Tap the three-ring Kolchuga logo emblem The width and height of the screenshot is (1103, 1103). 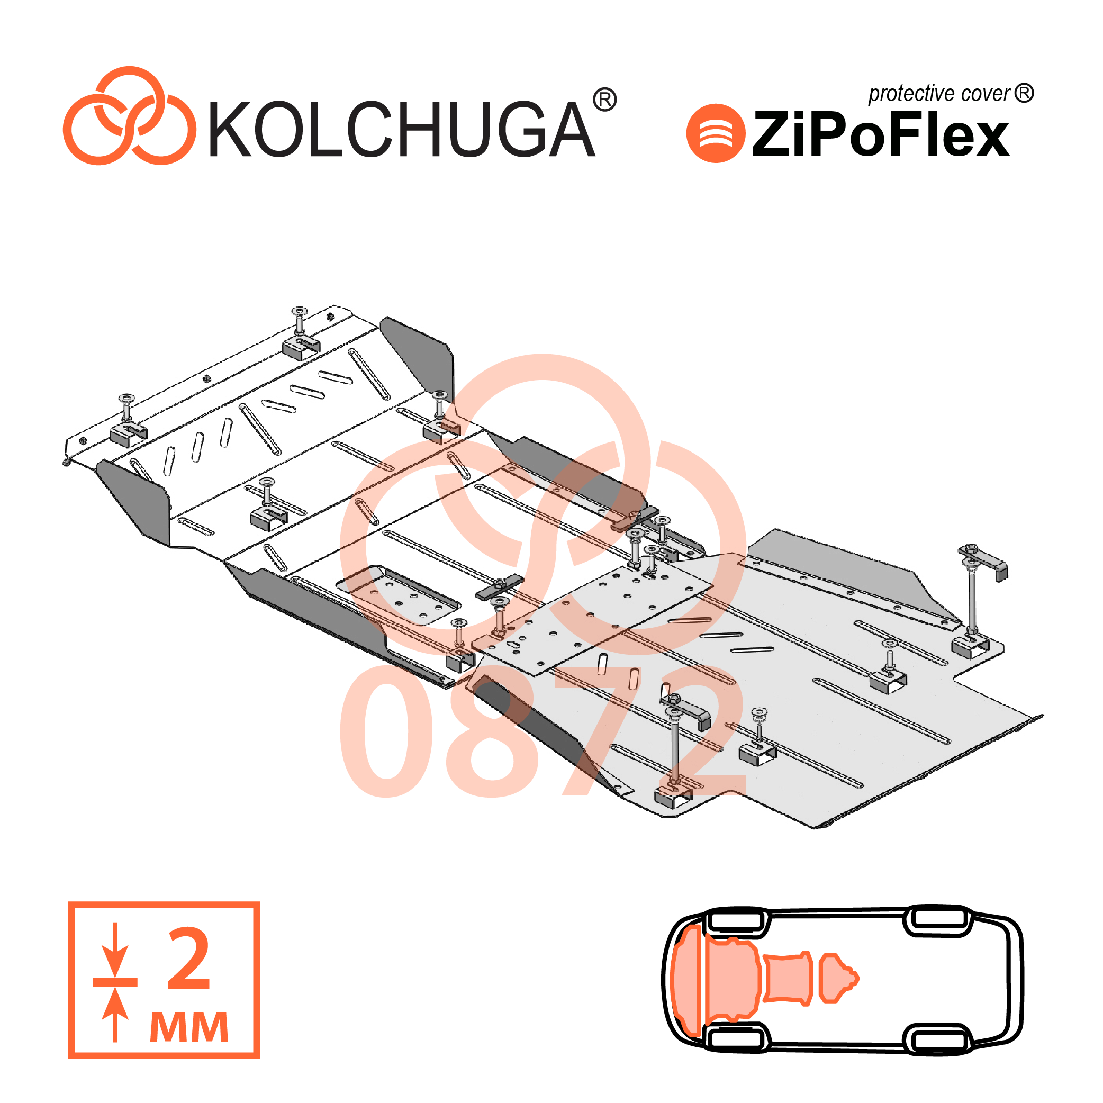coord(129,116)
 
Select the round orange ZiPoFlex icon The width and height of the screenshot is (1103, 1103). coord(716,133)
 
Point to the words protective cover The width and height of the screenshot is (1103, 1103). coord(939,94)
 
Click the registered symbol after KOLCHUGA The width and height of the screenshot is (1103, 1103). coord(604,100)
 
